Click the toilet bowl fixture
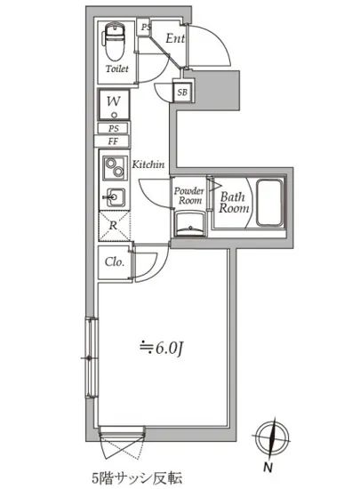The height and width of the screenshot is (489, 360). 114,42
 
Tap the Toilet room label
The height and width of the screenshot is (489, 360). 116,68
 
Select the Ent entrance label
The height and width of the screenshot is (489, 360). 175,38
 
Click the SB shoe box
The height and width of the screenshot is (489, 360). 182,92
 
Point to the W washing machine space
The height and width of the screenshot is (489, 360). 114,105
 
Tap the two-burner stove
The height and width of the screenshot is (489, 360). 114,167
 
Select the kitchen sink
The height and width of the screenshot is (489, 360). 115,197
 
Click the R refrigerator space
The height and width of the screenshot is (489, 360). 114,226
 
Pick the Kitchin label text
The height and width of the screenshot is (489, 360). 148,164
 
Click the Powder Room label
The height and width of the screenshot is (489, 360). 188,196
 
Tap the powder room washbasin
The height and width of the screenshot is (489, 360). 189,223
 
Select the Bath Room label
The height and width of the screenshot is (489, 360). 234,203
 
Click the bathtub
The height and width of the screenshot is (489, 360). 269,203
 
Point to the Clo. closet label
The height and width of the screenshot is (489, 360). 115,261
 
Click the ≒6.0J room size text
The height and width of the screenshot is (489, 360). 162,349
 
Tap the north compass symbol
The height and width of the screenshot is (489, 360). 272,437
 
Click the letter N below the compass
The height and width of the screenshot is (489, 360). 268,468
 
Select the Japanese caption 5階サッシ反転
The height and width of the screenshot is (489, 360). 137,477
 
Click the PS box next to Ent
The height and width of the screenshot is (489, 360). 144,28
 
